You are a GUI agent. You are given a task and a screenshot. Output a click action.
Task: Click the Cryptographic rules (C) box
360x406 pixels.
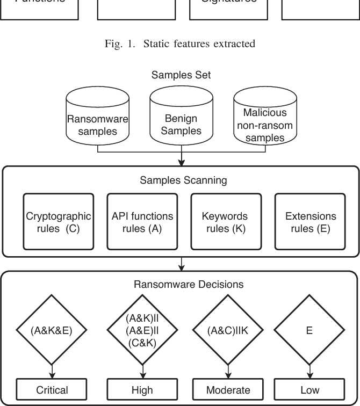(59, 222)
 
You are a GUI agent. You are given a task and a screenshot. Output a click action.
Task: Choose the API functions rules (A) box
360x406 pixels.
(142, 222)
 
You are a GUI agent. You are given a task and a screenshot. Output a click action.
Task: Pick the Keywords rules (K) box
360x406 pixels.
(225, 222)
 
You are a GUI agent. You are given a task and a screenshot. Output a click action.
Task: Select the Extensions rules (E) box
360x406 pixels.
(310, 222)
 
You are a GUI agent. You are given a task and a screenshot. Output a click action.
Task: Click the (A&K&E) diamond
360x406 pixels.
(52, 330)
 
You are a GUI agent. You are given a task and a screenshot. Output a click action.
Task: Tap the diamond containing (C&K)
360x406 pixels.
(142, 330)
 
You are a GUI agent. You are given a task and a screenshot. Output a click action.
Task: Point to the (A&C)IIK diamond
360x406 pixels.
(228, 330)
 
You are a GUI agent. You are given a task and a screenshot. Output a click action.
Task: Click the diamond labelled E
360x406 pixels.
(309, 330)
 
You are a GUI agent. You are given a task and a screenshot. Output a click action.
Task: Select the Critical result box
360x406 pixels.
(52, 389)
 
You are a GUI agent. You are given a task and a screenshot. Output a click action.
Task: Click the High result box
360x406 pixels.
(142, 389)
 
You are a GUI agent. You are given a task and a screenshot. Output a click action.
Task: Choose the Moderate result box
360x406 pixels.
(228, 389)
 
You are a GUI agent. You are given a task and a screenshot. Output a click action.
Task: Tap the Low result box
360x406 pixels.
(309, 389)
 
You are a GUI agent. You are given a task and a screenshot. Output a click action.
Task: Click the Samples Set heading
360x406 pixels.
(181, 75)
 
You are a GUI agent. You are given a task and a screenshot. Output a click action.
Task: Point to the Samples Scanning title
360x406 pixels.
(183, 180)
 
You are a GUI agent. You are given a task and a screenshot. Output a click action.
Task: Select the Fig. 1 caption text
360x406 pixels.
(181, 44)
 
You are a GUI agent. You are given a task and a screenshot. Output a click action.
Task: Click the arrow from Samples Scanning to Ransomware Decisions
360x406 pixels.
(183, 263)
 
